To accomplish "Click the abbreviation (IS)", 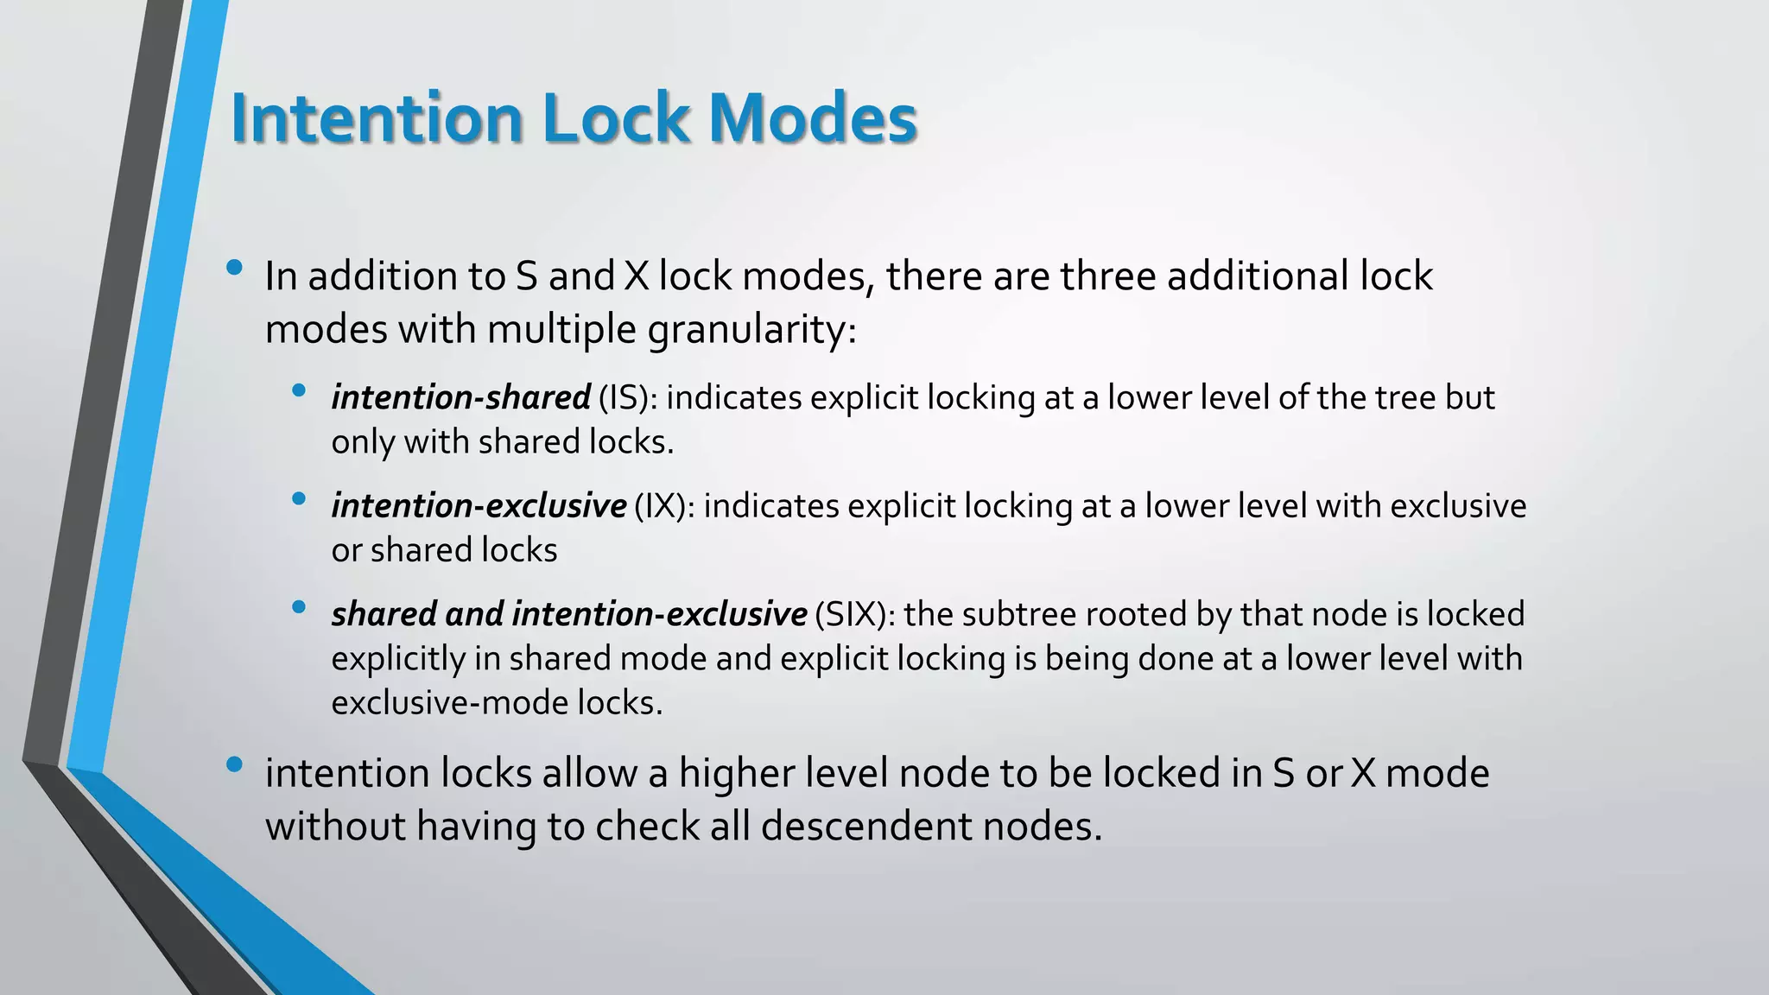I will point(628,397).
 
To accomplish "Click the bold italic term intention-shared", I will point(460,397).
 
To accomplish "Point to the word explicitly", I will point(399,659).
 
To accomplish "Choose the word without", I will point(335,827).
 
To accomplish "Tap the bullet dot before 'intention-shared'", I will point(299,390).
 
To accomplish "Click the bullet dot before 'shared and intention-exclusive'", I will point(299,607).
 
